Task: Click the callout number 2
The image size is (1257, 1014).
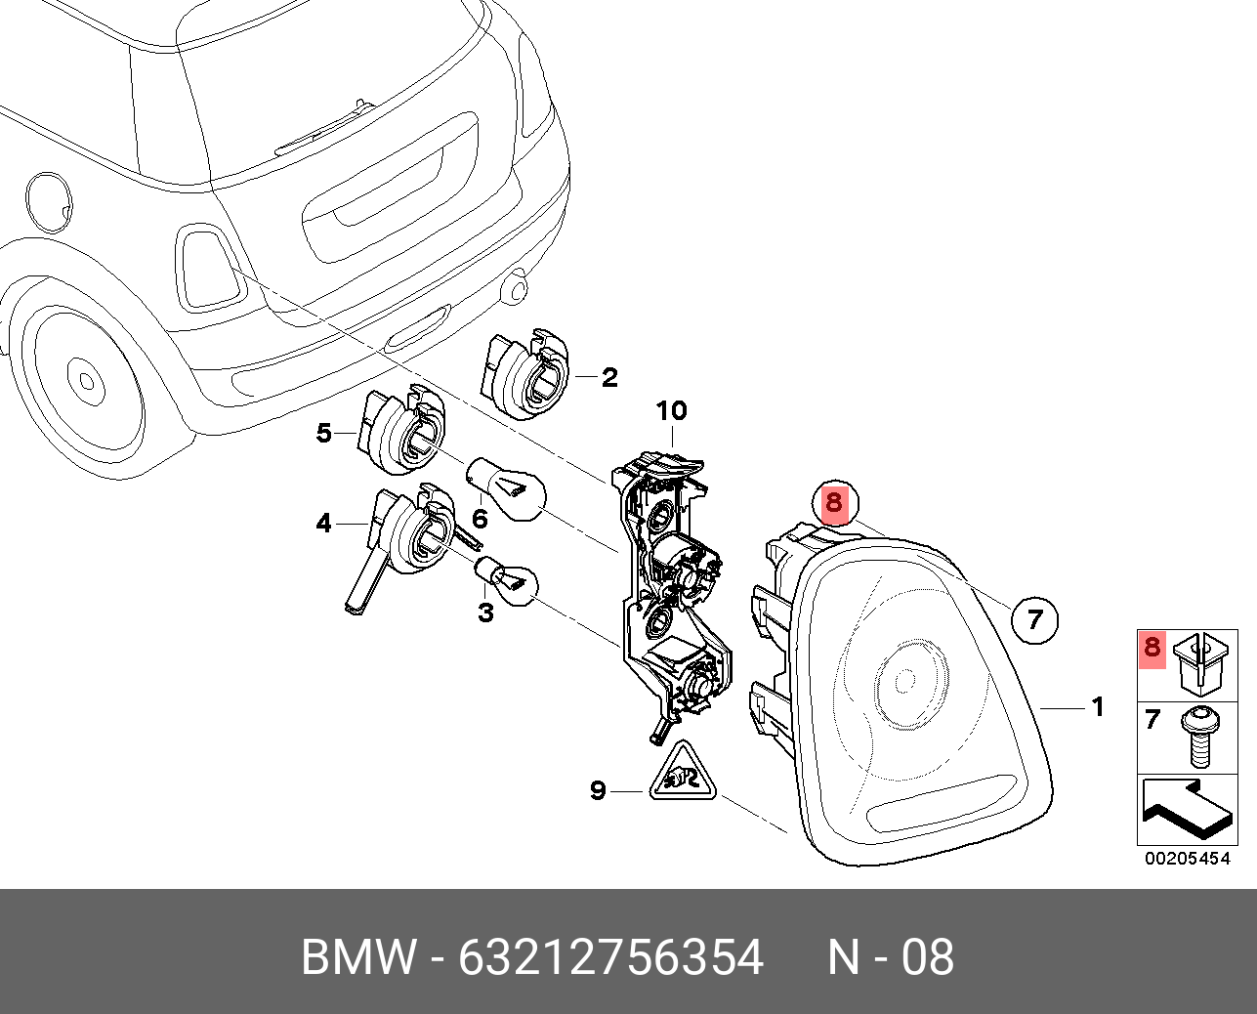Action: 609,377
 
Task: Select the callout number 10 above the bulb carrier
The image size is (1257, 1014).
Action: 672,411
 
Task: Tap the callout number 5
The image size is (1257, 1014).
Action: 324,432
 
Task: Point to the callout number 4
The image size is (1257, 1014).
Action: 324,525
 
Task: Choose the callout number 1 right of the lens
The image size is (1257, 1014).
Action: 1098,706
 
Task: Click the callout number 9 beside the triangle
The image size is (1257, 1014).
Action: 599,790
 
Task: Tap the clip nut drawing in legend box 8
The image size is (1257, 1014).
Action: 1198,661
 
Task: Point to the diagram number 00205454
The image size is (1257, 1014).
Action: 1187,860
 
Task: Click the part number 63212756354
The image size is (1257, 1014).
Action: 610,957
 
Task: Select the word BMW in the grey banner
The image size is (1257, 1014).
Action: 358,957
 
